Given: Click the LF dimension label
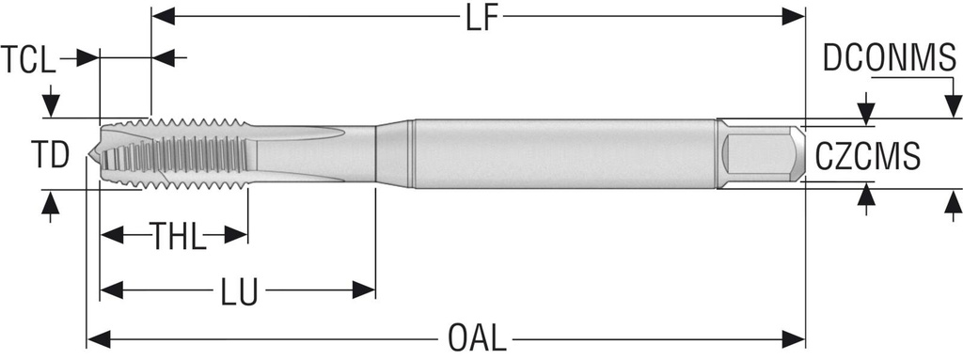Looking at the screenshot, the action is (x=481, y=18).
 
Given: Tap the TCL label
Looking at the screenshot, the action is (x=27, y=59).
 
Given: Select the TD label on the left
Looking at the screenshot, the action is (x=50, y=155).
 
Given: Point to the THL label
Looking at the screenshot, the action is (x=178, y=236).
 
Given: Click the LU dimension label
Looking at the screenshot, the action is (x=240, y=291).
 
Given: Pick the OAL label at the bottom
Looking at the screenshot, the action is (x=477, y=337).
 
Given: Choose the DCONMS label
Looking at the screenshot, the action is (x=890, y=59).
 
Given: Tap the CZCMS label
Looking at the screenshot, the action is (x=868, y=156).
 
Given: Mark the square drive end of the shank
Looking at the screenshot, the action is (x=761, y=153).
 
